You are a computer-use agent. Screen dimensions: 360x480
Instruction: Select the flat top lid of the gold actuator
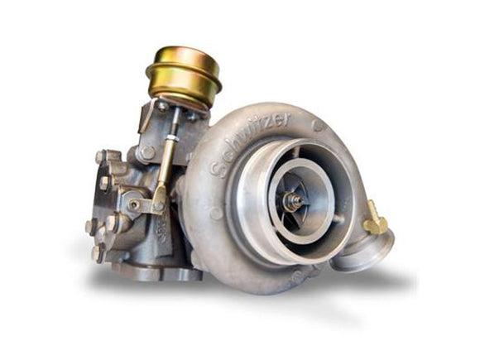tap(184, 55)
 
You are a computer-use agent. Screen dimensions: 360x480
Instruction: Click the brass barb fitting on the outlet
tap(376, 219)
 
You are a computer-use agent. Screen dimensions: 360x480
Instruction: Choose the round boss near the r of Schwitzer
tap(318, 125)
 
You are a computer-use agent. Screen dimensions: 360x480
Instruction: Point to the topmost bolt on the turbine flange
tap(101, 156)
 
